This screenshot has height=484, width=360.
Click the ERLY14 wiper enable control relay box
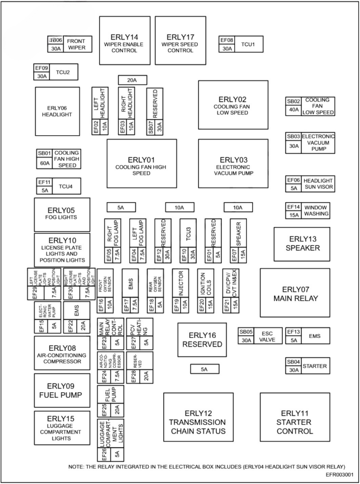pos(125,40)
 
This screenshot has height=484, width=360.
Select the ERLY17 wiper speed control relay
pos(180,40)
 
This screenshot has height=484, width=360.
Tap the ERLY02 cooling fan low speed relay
pos(233,105)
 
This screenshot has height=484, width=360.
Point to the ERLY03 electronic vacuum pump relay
pos(233,164)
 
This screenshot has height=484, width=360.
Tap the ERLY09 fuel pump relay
pos(61,390)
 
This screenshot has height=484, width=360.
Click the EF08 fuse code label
pos(227,40)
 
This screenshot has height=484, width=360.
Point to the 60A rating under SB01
pos(44,163)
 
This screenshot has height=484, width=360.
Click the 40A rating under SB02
pos(294,110)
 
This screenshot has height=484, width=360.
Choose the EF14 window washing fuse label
pos(294,207)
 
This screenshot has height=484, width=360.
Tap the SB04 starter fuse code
pos(293,362)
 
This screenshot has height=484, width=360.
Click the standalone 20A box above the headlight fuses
pos(132,80)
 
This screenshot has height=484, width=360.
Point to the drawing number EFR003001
pos(340,474)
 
